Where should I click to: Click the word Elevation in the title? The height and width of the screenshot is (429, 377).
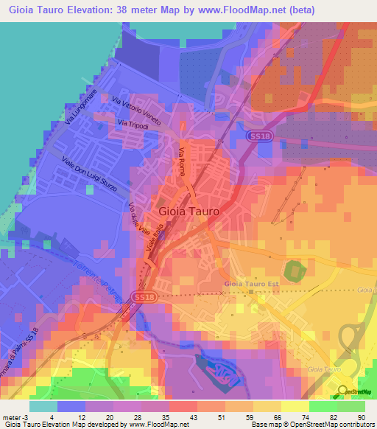click(100, 10)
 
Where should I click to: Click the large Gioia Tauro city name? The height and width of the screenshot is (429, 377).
click(188, 211)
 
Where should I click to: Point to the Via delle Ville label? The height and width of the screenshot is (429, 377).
click(138, 217)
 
